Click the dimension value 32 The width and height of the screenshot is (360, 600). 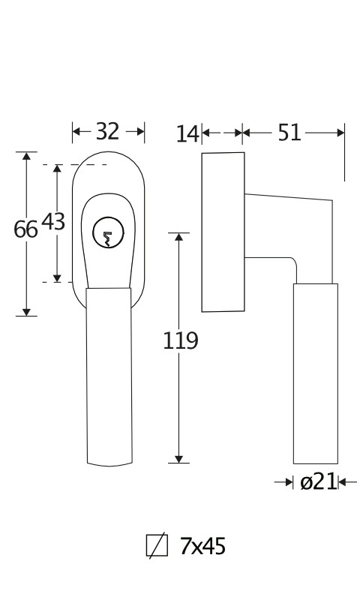(107, 132)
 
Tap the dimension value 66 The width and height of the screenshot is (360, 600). (25, 229)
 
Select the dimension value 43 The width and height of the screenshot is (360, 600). (53, 221)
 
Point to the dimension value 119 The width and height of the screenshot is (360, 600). (181, 340)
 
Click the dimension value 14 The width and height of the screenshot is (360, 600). (187, 134)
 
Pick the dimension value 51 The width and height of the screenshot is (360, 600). (289, 133)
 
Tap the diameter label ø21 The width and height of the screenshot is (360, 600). (318, 481)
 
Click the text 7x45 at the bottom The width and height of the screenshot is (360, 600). (202, 546)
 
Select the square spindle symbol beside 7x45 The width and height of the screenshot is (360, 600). (157, 545)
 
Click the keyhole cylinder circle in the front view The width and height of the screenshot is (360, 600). (108, 232)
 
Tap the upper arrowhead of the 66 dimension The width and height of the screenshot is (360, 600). (26, 156)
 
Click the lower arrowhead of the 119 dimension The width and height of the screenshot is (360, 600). (178, 459)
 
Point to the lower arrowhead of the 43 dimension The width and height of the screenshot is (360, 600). (58, 278)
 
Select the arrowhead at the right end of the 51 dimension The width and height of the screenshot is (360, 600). (340, 133)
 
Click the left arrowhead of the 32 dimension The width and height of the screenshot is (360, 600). (76, 132)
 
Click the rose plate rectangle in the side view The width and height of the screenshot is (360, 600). (223, 232)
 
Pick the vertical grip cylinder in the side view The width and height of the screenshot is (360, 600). (316, 373)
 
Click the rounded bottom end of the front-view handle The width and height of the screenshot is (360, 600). (109, 464)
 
